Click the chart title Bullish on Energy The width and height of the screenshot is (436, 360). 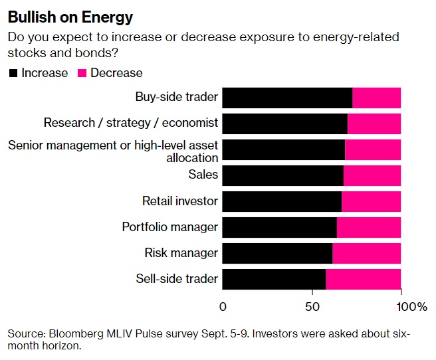[70, 17]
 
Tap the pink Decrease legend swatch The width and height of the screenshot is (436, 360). [82, 73]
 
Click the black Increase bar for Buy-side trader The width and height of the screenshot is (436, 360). [286, 98]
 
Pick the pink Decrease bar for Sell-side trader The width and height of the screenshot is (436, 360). [363, 279]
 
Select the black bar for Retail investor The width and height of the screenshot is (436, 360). [281, 201]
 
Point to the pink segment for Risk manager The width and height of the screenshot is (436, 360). [366, 253]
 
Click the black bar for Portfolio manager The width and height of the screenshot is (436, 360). [279, 227]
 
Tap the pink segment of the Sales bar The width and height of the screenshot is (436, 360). [372, 175]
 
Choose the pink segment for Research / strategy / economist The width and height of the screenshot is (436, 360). [374, 124]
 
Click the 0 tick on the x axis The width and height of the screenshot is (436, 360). [223, 306]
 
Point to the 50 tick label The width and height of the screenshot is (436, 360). [312, 306]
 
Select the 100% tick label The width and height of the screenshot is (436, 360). [412, 306]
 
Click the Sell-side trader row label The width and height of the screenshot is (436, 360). [177, 279]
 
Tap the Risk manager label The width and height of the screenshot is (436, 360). [181, 253]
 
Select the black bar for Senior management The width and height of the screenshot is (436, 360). [283, 149]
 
